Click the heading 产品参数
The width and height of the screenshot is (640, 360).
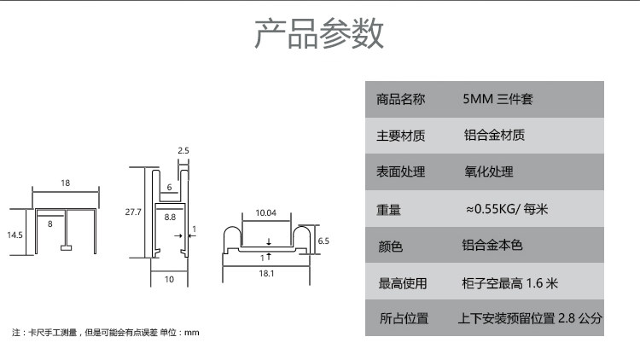point(319,33)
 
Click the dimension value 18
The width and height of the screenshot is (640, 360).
point(66,183)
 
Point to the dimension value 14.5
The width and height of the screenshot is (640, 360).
point(15,234)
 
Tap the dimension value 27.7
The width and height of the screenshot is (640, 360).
point(132,212)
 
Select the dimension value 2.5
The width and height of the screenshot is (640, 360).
point(183,150)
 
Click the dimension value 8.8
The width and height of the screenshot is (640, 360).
point(170,218)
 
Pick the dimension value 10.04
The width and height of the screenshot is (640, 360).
point(266,212)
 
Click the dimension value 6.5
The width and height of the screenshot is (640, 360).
point(323,241)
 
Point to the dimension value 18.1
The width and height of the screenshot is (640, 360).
point(265,273)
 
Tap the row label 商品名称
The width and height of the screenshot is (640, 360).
point(400,100)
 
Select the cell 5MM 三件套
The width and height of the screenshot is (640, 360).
point(497,100)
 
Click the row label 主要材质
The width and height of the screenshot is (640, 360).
point(400,136)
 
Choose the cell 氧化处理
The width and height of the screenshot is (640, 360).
point(488,171)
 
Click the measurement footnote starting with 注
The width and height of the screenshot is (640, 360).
point(106,332)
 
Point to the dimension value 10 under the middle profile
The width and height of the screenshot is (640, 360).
point(169,279)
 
